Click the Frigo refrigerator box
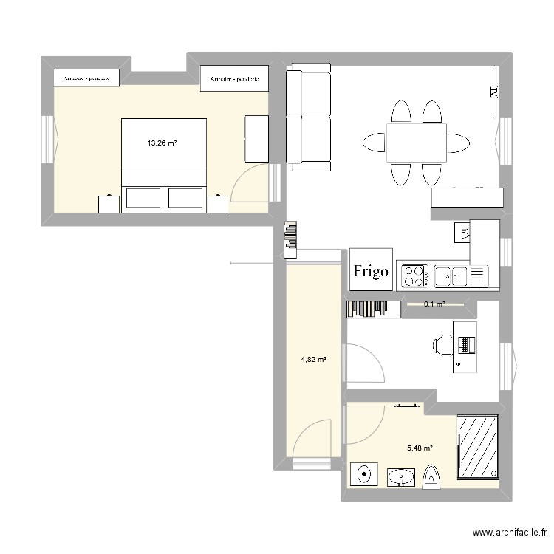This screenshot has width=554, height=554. coord(371,270)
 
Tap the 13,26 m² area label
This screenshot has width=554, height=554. coord(161,144)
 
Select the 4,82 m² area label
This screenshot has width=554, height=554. coord(313,360)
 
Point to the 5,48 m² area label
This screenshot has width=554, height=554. coord(420,448)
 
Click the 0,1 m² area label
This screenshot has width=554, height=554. coord(434,304)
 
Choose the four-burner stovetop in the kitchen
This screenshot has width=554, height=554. coord(414,276)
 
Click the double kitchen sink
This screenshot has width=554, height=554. coord(451,276)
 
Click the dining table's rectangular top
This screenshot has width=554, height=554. coord(416,143)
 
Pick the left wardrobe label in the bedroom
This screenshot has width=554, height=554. coord(87,78)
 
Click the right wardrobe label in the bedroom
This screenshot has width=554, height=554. coord(233,78)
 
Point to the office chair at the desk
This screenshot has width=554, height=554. coord(444,345)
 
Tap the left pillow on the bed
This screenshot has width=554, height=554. coord(143,198)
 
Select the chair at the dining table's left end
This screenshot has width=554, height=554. coord(372,142)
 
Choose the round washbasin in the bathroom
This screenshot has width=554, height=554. coord(363,475)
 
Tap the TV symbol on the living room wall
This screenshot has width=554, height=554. coord(493,92)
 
